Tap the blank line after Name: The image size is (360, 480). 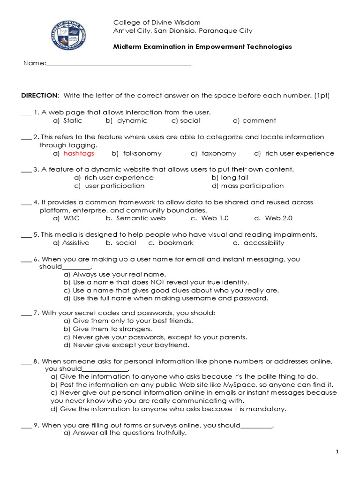[x=119, y=64]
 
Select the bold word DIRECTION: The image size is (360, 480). [x=40, y=96]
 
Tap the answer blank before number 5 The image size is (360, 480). [x=26, y=235]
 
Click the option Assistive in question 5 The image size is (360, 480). [x=75, y=243]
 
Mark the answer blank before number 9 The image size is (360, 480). [x=26, y=426]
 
